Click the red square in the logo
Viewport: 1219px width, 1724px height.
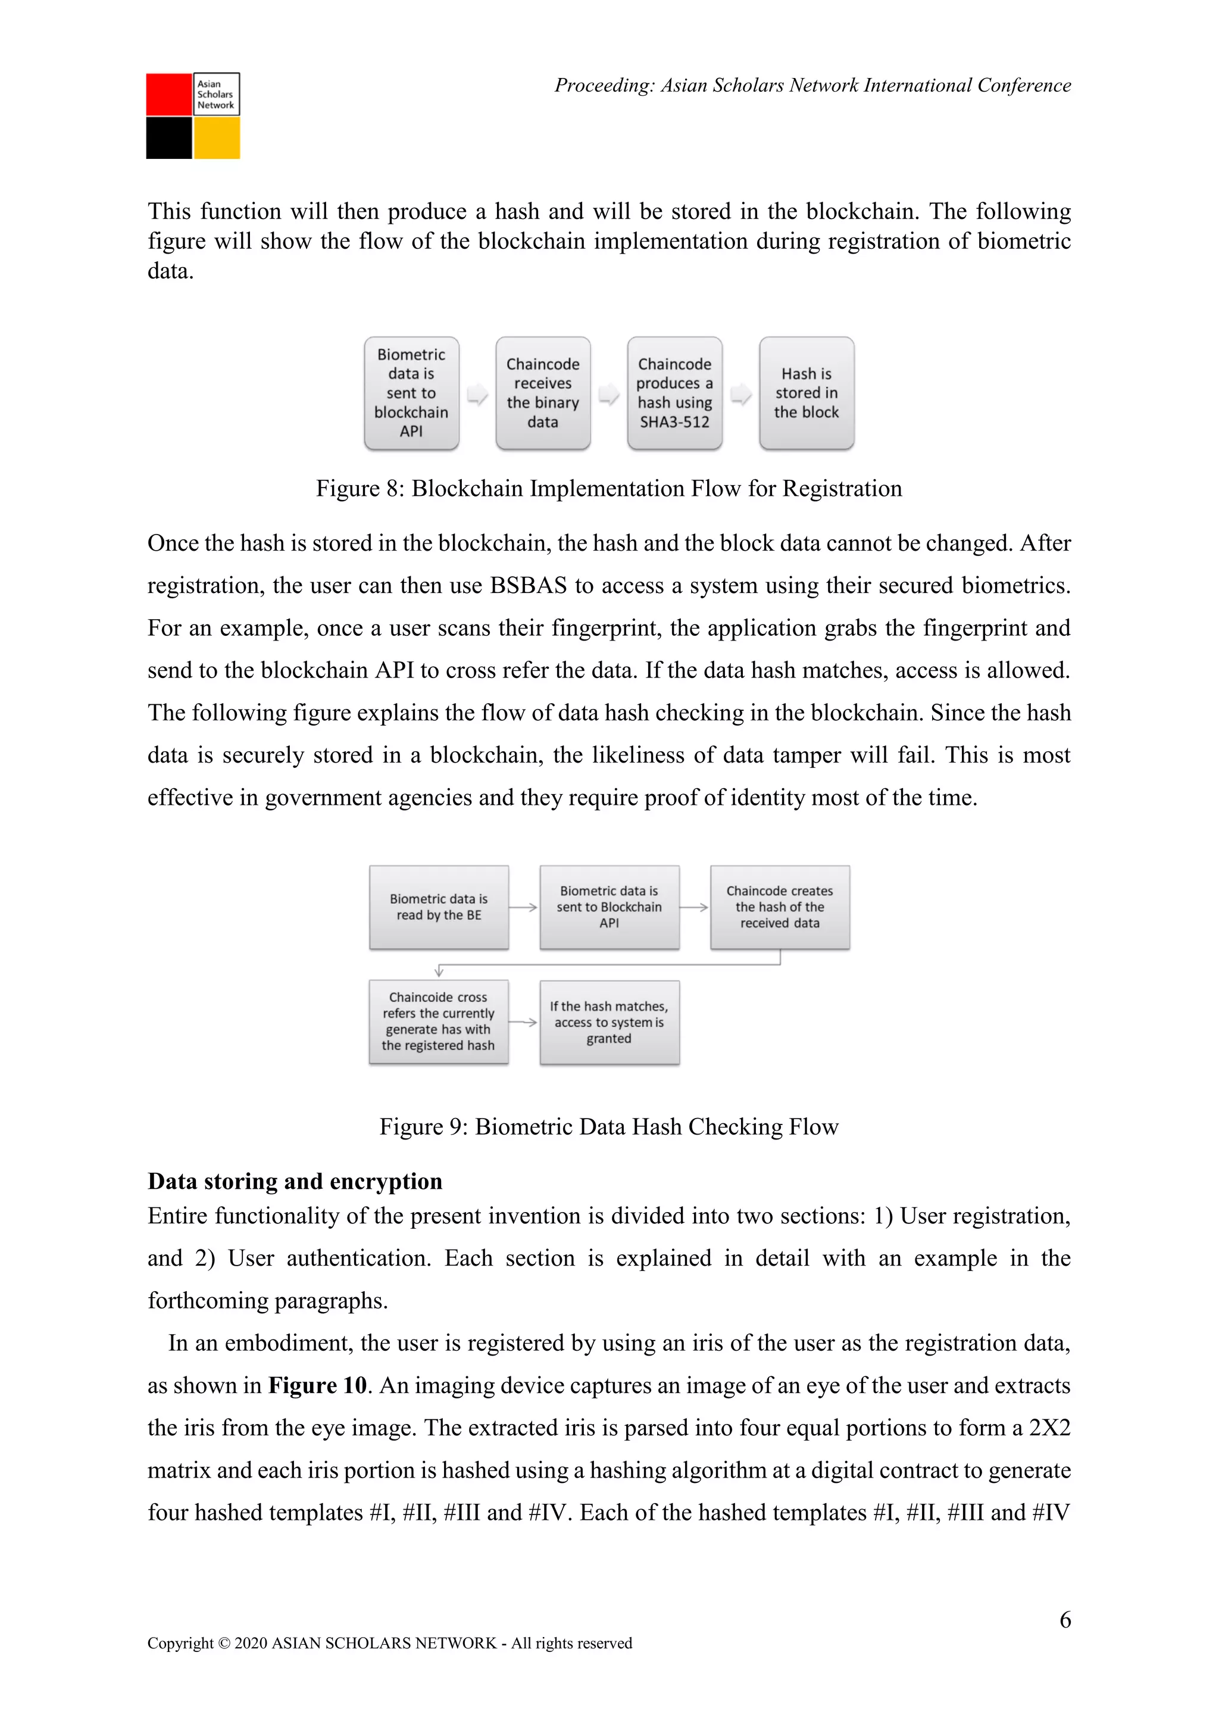169,95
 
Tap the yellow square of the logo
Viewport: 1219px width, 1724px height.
217,138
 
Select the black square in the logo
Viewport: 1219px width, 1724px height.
169,138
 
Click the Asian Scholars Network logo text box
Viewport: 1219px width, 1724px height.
217,95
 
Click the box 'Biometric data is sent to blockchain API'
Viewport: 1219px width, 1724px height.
411,393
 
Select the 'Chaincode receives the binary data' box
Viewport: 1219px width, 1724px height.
543,393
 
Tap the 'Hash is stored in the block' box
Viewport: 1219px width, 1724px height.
806,393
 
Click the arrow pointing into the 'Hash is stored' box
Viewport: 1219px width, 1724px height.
741,393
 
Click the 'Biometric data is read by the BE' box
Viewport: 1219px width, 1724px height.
438,907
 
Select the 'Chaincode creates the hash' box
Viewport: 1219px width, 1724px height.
779,907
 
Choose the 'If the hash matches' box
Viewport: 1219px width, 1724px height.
609,1022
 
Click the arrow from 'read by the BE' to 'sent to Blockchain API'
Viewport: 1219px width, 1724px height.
523,907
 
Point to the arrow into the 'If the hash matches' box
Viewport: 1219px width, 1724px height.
523,1022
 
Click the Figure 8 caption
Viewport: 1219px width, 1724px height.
609,489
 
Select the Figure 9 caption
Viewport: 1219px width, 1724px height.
609,1127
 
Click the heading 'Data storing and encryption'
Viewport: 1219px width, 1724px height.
295,1182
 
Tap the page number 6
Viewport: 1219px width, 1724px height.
1064,1620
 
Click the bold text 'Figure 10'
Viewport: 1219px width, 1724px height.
317,1385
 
